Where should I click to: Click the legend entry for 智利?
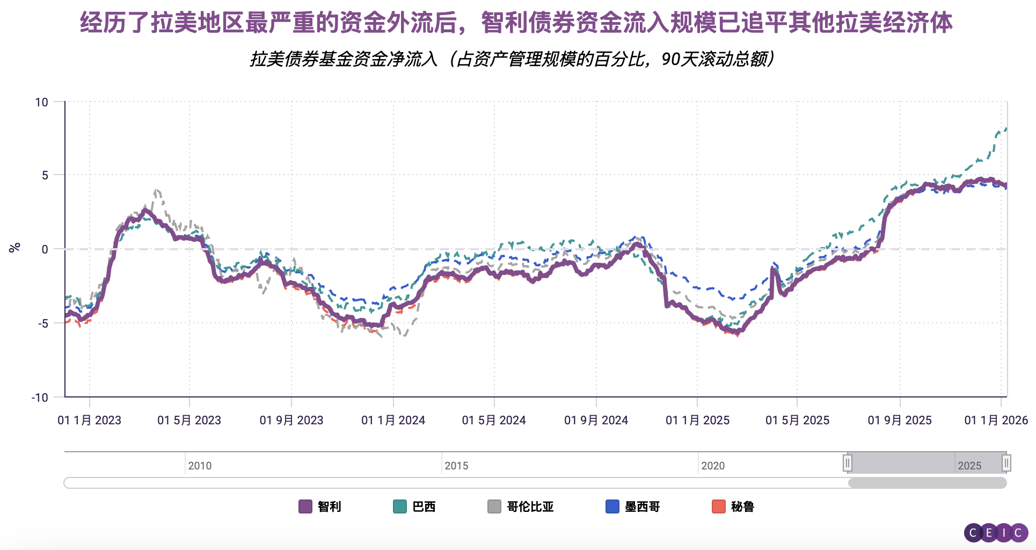coord(320,506)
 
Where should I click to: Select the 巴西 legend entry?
coord(414,506)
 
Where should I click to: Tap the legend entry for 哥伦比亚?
coord(521,506)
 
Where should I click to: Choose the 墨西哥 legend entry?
coord(633,506)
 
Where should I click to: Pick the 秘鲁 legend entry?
coord(733,506)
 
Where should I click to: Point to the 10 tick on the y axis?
coord(41,102)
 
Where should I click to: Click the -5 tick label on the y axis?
coord(42,323)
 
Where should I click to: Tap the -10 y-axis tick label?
coord(40,397)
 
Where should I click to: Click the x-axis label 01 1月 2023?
coord(89,420)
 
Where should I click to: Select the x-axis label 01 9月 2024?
coord(596,420)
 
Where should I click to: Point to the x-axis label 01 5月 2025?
coord(797,420)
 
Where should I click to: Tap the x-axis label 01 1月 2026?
coord(996,420)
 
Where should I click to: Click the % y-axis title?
coord(14,248)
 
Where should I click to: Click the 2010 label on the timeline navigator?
coord(200,466)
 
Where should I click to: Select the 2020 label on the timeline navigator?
coord(713,466)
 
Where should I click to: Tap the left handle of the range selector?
coord(848,462)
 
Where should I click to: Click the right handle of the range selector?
coord(1006,462)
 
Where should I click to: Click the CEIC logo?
coord(996,533)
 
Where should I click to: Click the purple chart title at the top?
coord(516,23)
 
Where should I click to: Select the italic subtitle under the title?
coord(512,59)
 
